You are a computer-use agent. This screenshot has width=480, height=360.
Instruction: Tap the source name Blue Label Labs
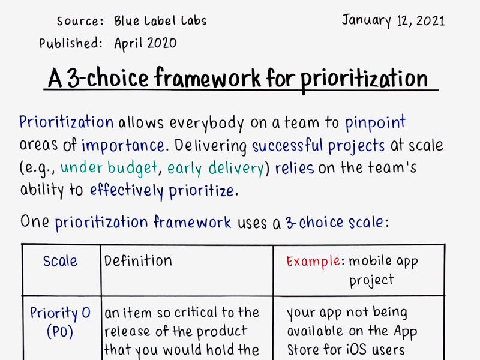click(x=160, y=21)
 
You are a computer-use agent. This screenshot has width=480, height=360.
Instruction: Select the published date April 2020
click(x=145, y=43)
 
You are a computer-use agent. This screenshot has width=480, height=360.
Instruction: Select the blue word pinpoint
click(x=376, y=123)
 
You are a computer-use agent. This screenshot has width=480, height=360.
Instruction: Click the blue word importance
click(x=123, y=145)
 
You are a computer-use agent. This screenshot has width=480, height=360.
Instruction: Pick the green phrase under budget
click(x=110, y=168)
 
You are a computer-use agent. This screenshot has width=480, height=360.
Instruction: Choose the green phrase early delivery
click(x=216, y=168)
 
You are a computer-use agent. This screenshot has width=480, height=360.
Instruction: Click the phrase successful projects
click(x=319, y=145)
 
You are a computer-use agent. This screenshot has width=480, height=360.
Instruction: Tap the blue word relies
click(x=295, y=168)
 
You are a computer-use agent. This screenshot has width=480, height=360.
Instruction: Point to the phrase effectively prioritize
click(x=161, y=191)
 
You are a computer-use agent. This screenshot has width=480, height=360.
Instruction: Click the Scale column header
click(x=60, y=261)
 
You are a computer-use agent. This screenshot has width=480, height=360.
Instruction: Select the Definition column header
click(x=138, y=260)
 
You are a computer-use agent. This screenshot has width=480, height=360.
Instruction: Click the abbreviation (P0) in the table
click(x=60, y=332)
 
